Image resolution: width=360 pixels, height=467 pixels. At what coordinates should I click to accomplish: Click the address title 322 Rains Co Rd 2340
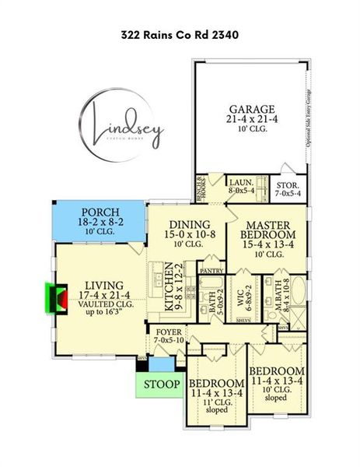point(180,34)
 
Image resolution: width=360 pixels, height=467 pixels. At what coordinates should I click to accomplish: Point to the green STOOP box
point(162,384)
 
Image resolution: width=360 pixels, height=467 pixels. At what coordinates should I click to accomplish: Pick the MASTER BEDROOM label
point(269,230)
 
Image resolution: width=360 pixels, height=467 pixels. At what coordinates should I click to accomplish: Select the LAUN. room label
point(242,181)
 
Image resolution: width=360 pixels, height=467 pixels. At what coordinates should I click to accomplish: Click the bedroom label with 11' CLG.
point(216,384)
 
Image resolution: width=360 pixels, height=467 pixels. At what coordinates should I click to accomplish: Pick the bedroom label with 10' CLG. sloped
point(276,370)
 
